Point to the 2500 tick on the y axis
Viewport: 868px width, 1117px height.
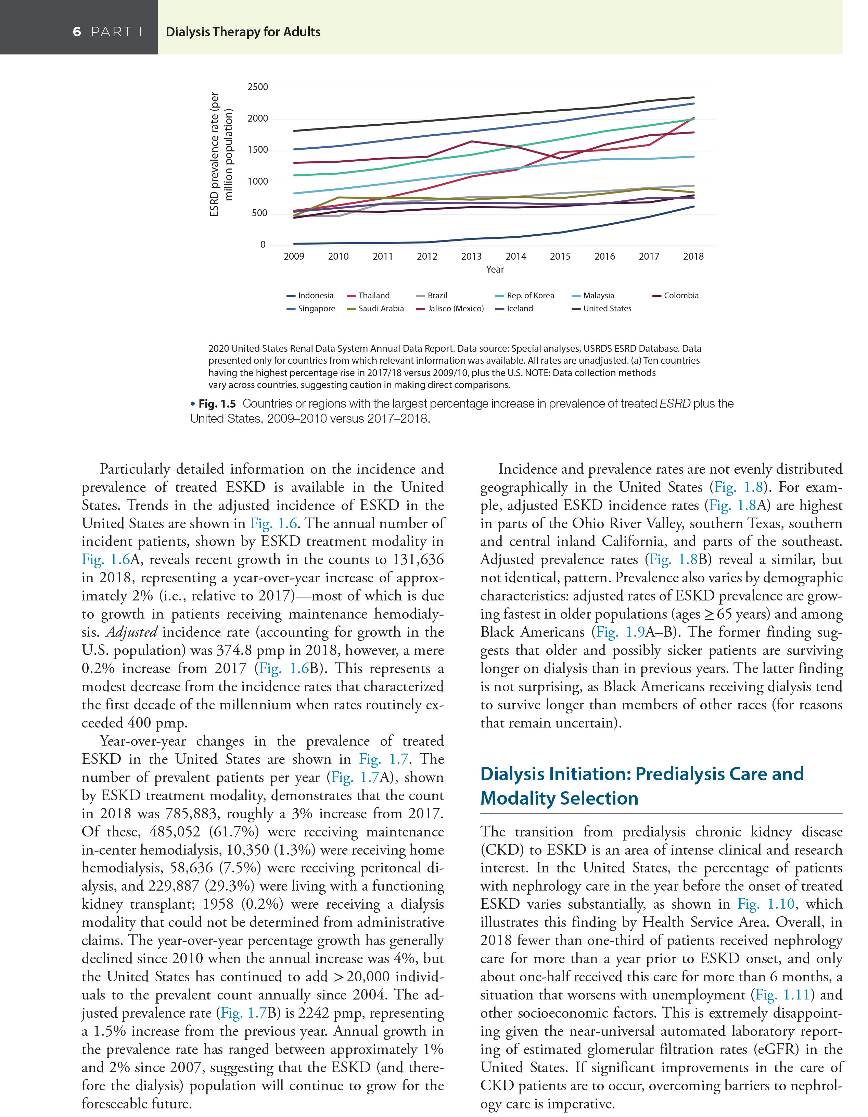[258, 87]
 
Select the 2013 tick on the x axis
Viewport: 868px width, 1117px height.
[471, 256]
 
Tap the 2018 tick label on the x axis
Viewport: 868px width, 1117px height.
[693, 256]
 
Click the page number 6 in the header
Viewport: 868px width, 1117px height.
[77, 32]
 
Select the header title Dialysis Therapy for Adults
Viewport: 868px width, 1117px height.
[243, 32]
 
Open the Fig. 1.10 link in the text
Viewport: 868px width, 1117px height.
[766, 904]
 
